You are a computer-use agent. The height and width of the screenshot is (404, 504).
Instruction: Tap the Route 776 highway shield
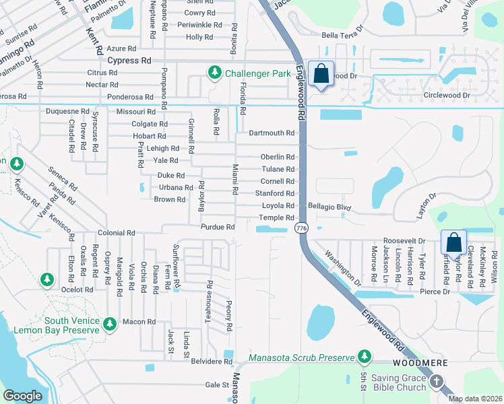coord(301,229)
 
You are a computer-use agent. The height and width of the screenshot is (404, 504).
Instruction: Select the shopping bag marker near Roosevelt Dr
coord(454,243)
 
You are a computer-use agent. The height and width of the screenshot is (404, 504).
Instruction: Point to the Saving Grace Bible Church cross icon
coord(436,382)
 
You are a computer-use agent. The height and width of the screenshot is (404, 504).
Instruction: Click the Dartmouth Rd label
coord(272,133)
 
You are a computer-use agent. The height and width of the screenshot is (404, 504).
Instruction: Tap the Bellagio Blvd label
coord(329,205)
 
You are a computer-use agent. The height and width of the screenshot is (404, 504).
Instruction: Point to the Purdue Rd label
coord(218,227)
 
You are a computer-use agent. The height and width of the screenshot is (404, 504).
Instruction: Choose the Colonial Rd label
coord(117,233)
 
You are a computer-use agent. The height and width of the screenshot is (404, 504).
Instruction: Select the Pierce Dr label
coord(436,292)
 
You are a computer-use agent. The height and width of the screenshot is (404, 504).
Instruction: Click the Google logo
coord(22,395)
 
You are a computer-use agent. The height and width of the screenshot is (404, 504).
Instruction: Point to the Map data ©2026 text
coord(474,399)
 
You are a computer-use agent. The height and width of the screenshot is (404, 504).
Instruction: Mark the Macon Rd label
coord(139,322)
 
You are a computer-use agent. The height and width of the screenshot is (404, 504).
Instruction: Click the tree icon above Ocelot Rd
coord(46,278)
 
